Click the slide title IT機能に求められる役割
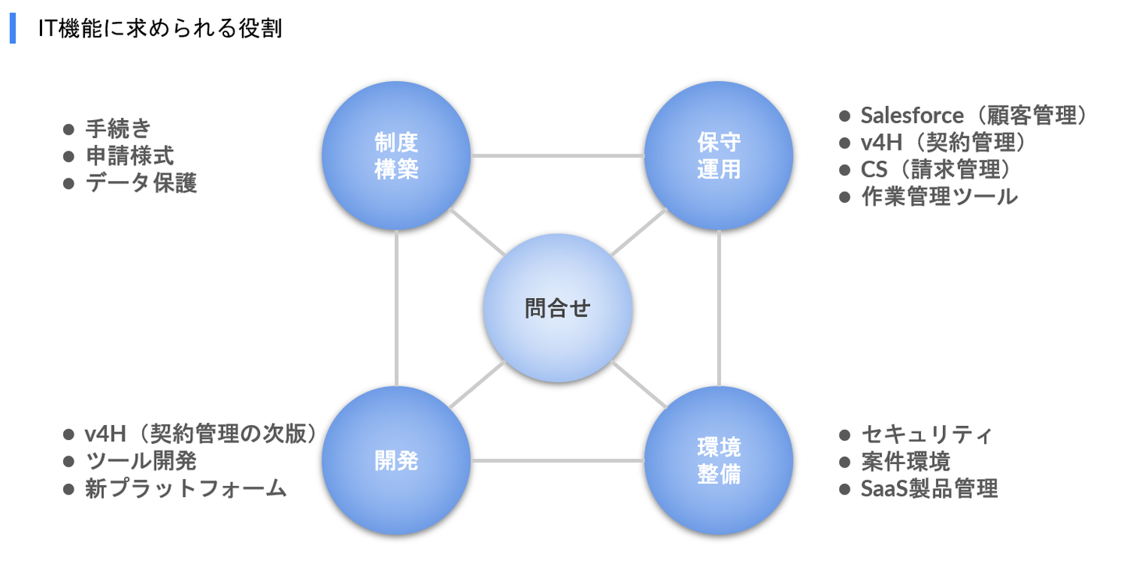tap(160, 29)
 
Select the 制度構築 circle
tap(397, 155)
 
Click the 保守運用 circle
tap(719, 155)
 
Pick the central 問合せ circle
tap(557, 308)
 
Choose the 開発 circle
tap(397, 460)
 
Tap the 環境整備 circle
tap(719, 460)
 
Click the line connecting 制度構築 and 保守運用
tap(557, 155)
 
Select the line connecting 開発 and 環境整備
tap(557, 460)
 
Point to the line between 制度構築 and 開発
tap(397, 308)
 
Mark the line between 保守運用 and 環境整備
tap(719, 308)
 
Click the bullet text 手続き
tap(118, 128)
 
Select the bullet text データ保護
tap(141, 183)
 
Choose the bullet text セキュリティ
tap(927, 434)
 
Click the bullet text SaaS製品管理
tap(929, 489)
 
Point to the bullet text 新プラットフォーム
tap(186, 488)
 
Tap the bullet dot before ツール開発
tap(68, 461)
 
